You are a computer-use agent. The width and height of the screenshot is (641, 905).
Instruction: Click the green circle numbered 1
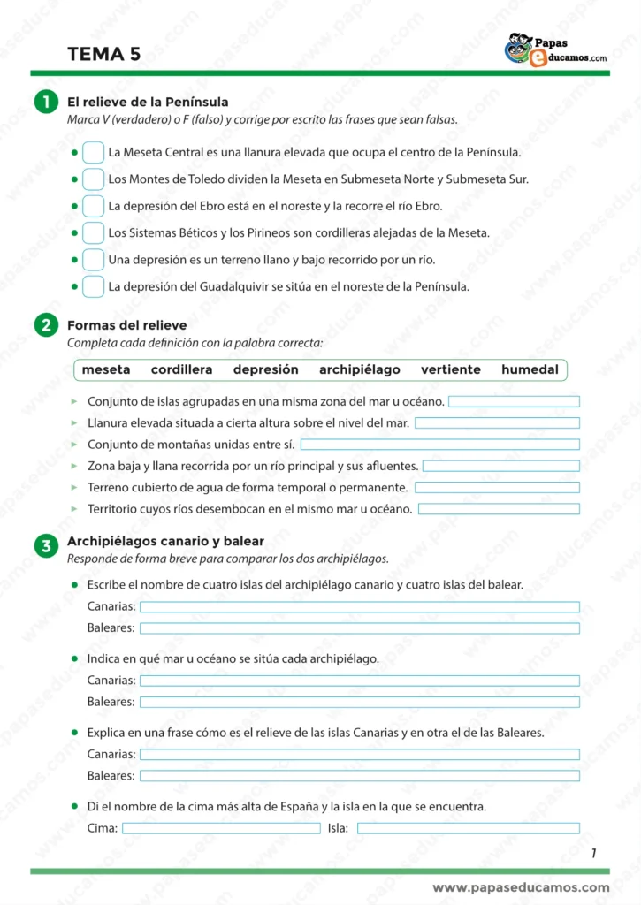point(44,103)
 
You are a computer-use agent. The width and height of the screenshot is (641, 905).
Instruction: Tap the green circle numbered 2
point(44,327)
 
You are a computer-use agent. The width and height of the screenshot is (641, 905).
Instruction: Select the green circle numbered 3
point(44,546)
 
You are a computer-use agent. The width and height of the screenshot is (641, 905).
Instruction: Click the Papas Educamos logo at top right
point(555,51)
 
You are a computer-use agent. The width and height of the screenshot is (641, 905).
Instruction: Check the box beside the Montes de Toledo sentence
point(93,179)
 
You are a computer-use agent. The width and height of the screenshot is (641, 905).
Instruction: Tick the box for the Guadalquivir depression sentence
point(93,287)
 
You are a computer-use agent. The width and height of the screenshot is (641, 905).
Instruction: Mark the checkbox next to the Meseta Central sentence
point(93,153)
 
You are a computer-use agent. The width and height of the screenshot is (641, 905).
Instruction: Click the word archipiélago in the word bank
point(360,370)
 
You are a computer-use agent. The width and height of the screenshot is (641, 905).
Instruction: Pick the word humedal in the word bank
point(530,370)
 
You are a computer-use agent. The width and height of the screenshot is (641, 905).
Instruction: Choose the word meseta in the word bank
point(106,370)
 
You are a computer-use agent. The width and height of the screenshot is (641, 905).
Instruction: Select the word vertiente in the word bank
point(451,370)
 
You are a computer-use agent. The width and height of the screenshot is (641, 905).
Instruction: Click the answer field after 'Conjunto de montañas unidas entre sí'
point(439,445)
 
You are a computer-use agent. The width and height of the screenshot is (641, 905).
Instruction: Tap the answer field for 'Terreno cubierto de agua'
point(497,488)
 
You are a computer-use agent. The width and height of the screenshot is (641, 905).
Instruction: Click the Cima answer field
point(221,828)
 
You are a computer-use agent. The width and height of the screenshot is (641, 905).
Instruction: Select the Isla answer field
point(468,828)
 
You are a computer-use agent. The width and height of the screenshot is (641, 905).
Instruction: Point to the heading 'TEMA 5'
point(103,55)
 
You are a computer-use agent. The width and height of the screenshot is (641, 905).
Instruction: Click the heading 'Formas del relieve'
point(127,326)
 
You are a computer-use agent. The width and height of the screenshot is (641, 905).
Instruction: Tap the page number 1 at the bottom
point(594,853)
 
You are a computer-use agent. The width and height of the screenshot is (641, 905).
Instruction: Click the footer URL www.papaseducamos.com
point(521,887)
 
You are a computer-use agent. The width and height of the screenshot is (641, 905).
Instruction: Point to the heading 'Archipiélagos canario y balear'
point(165,541)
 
